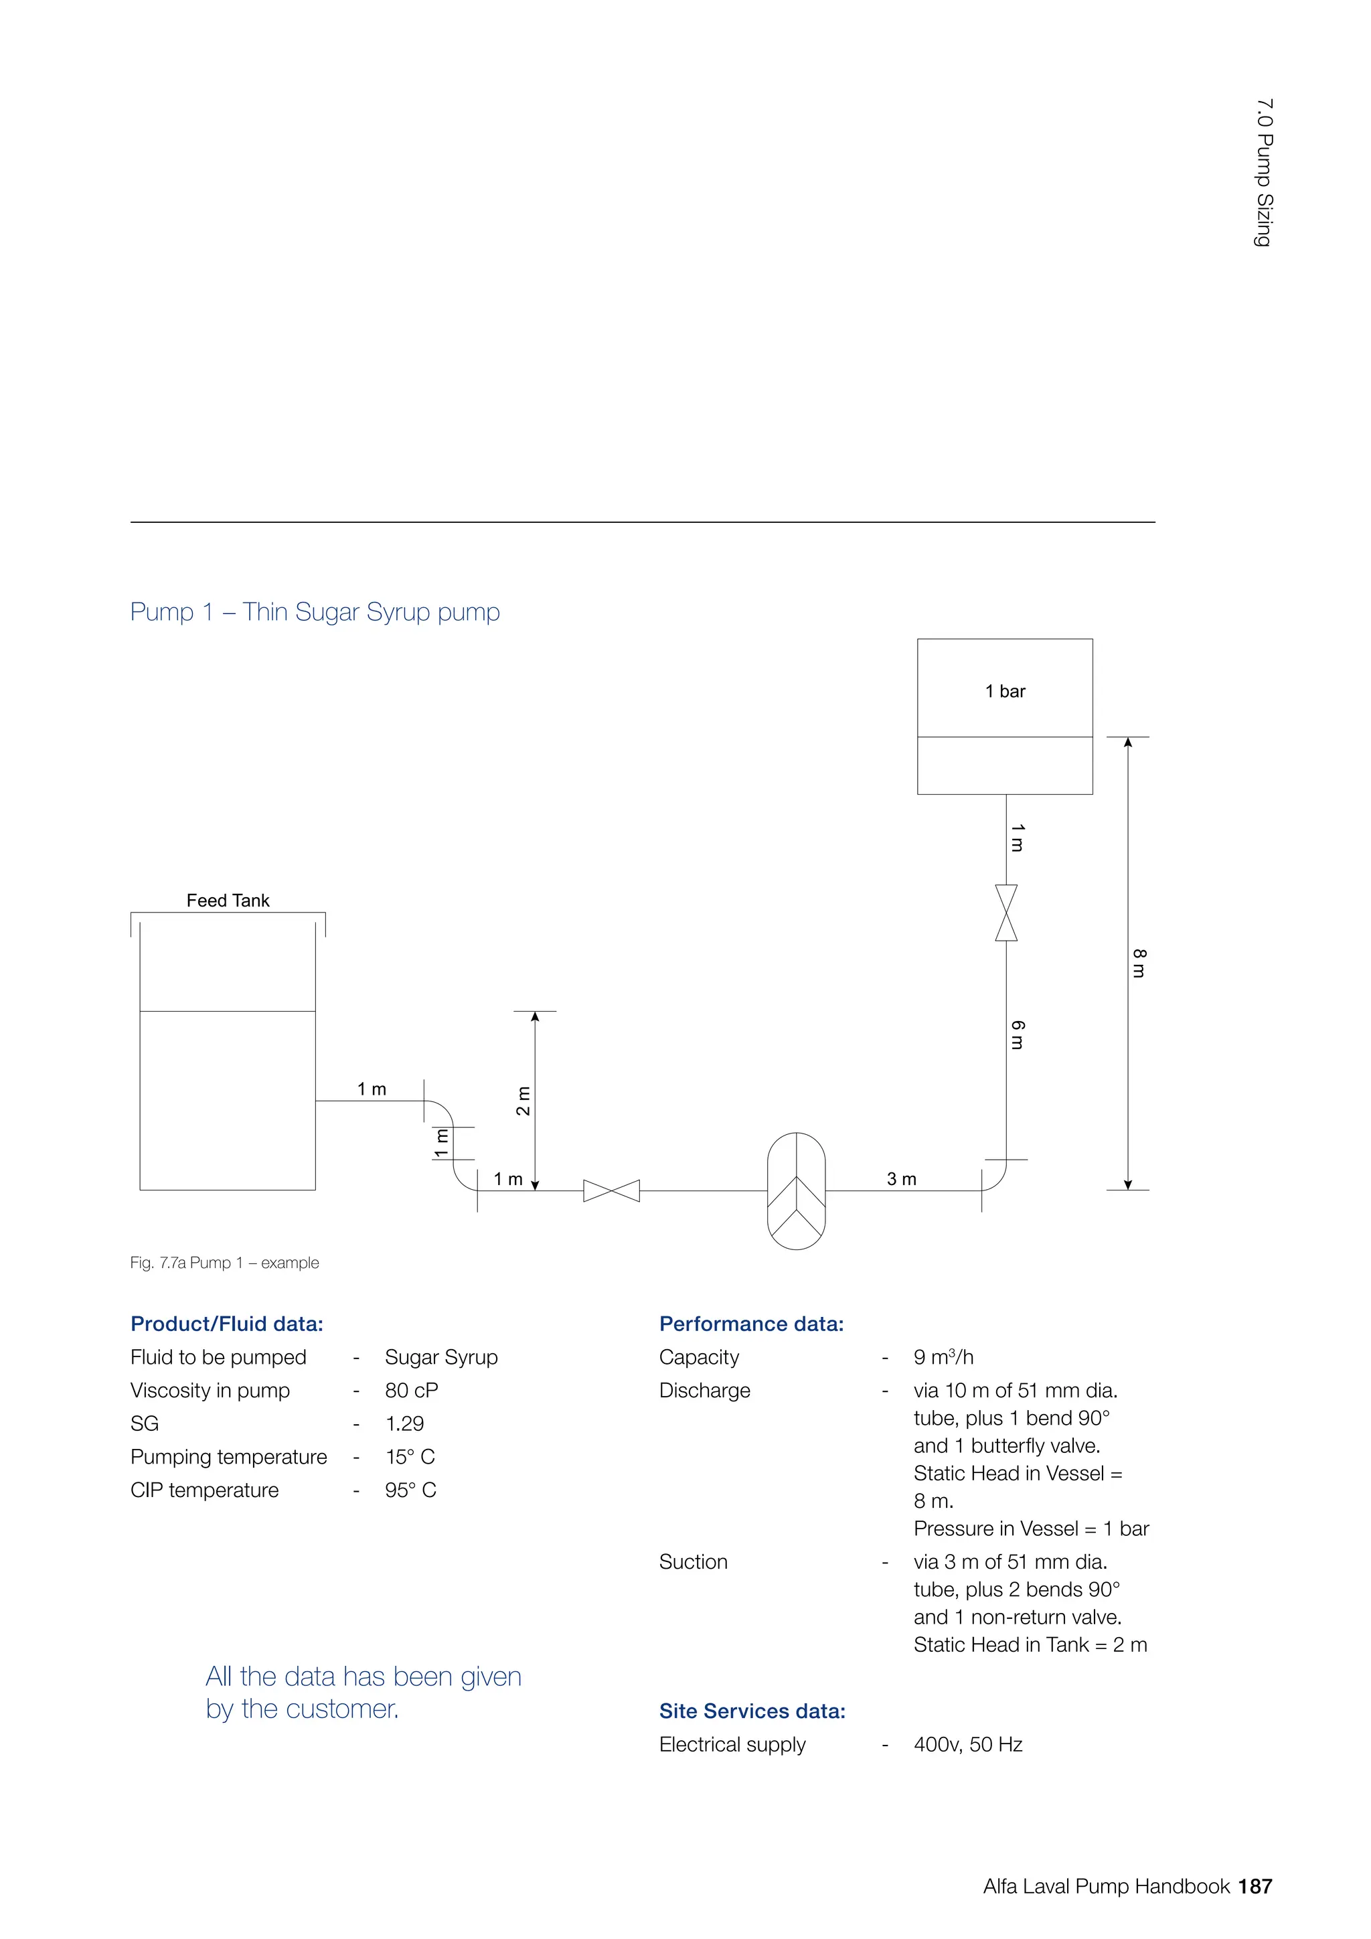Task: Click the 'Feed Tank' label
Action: click(228, 901)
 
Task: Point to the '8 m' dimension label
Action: click(1139, 963)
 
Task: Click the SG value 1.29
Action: click(404, 1424)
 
